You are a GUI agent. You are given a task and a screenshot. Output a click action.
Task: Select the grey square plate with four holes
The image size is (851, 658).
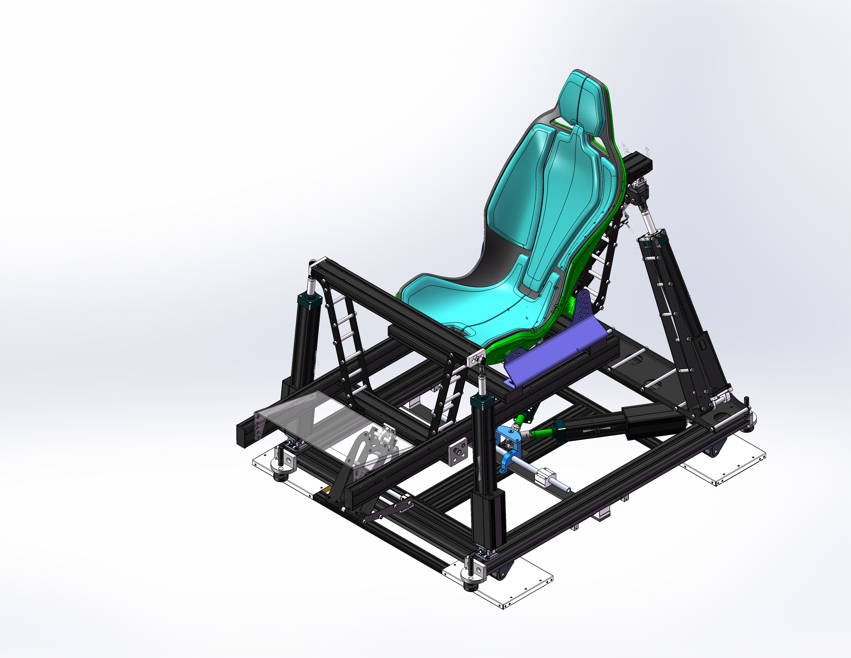pyautogui.click(x=457, y=451)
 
